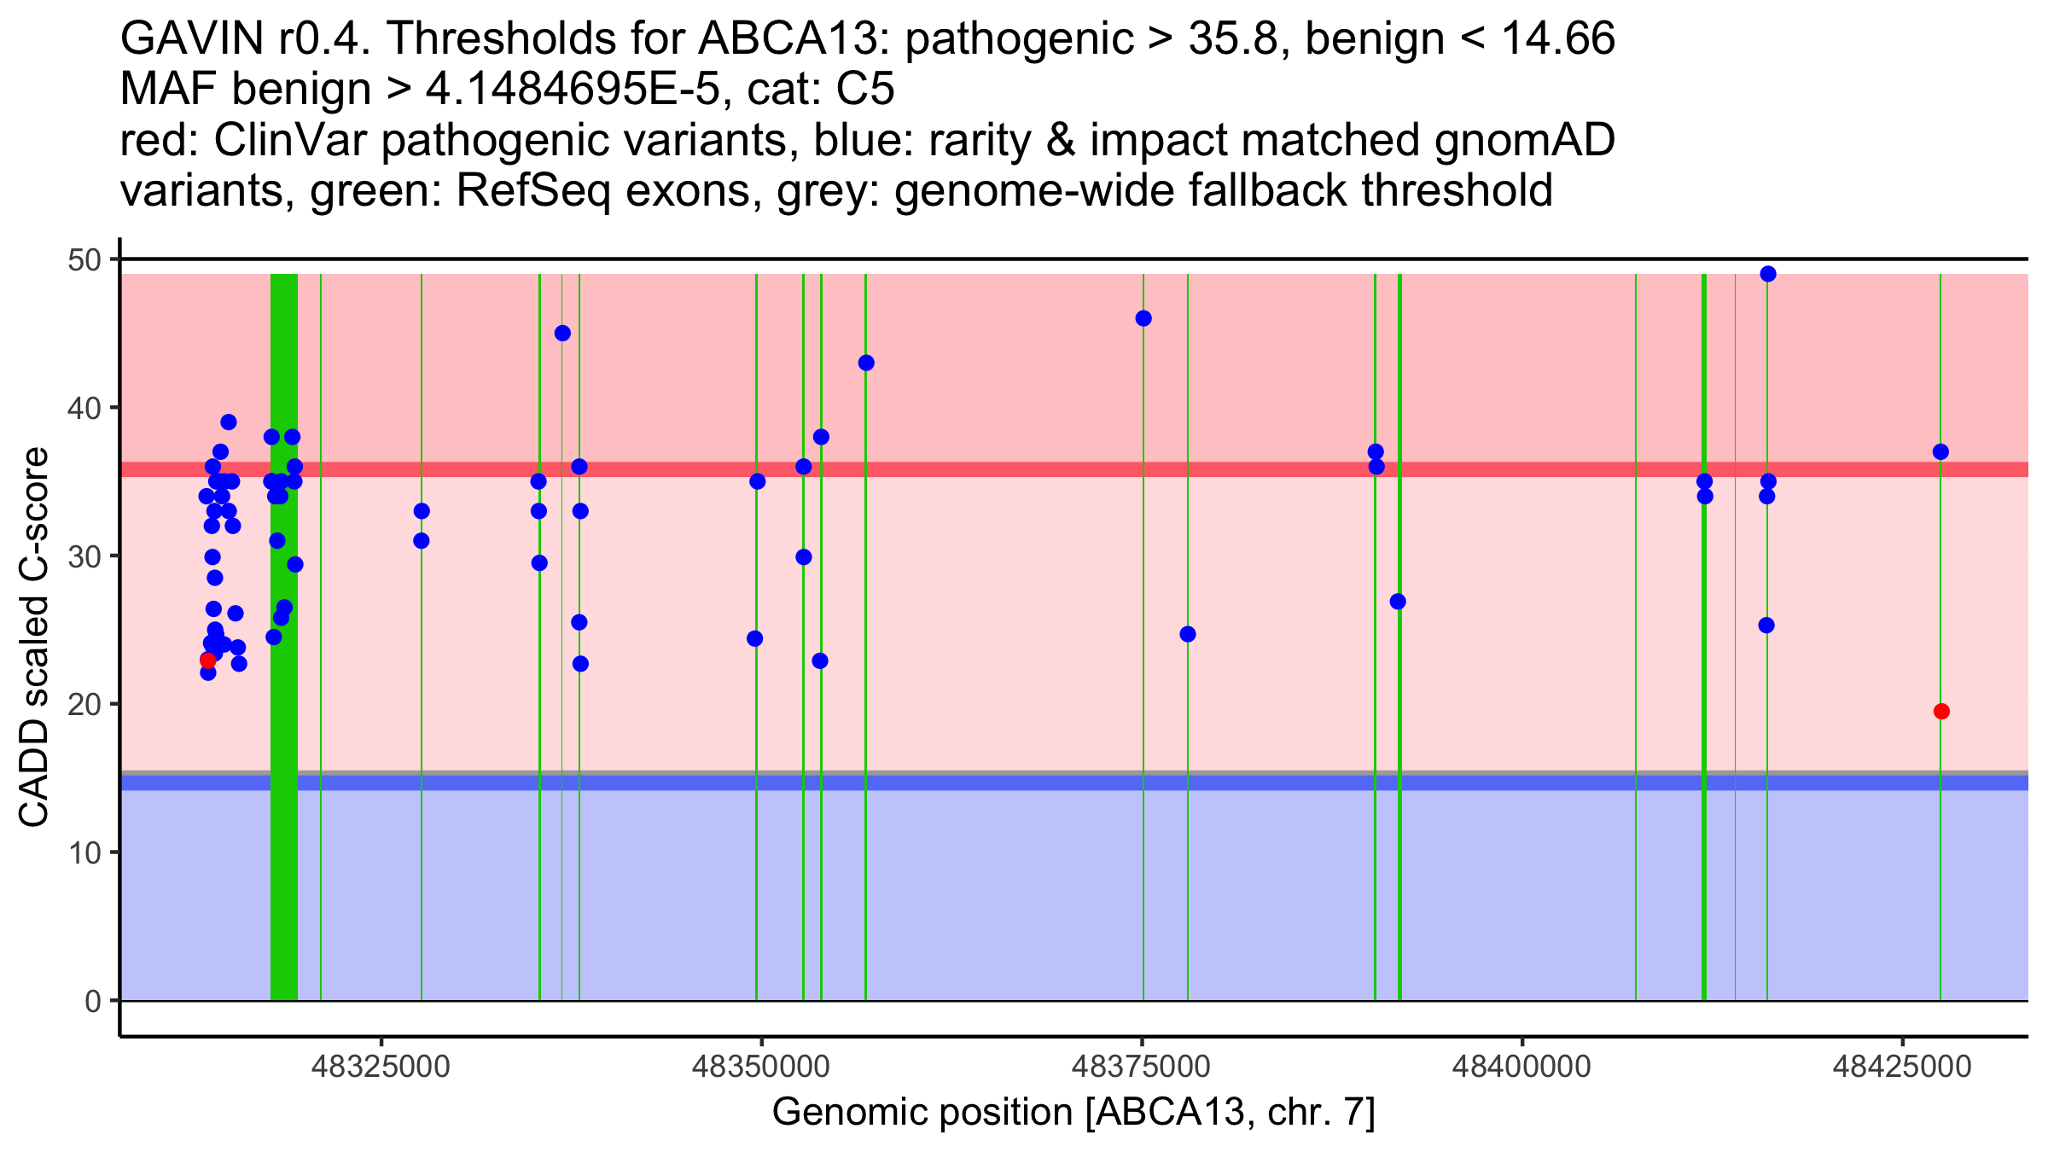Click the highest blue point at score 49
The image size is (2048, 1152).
click(1768, 274)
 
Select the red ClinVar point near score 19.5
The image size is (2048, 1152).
click(1941, 712)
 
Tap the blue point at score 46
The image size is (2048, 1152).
click(1143, 318)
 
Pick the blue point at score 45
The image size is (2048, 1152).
click(562, 333)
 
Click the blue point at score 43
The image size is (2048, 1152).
click(866, 363)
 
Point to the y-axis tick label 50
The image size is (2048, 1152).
click(84, 259)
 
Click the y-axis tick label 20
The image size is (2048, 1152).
click(84, 704)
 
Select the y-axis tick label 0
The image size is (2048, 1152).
click(92, 1001)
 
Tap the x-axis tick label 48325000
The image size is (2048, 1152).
click(381, 1067)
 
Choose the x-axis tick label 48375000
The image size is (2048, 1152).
click(1141, 1067)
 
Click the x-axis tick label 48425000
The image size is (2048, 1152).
click(1902, 1067)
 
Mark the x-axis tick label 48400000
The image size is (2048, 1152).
click(1521, 1067)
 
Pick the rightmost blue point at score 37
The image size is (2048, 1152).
click(1940, 451)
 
